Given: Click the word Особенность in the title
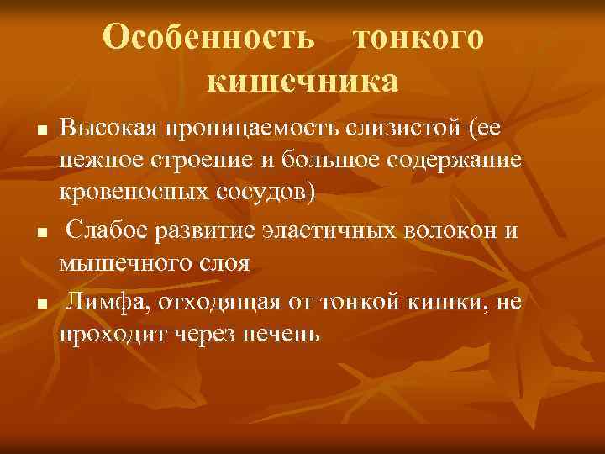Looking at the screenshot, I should point(210,37).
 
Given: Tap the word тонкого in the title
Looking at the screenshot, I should point(418,37).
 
